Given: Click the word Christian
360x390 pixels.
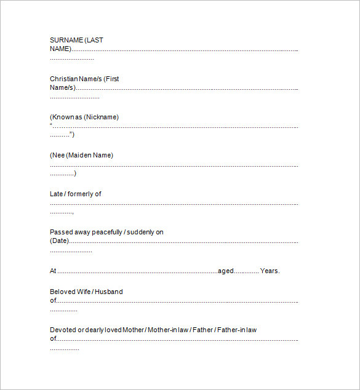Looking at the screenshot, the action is click(64, 79).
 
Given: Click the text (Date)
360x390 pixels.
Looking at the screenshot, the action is click(59, 241).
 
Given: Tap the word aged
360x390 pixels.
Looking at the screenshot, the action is click(226, 271).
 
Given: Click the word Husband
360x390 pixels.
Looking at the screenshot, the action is click(109, 292).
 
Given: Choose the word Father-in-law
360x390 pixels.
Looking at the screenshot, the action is click(237, 330).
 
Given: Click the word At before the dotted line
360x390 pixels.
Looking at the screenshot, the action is click(53, 271).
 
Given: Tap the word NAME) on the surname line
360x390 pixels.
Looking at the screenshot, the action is click(60, 49).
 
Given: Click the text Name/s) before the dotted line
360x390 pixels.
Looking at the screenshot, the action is click(63, 87).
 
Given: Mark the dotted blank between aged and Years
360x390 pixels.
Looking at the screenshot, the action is click(246, 271).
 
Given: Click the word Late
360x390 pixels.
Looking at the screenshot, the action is click(56, 194).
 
